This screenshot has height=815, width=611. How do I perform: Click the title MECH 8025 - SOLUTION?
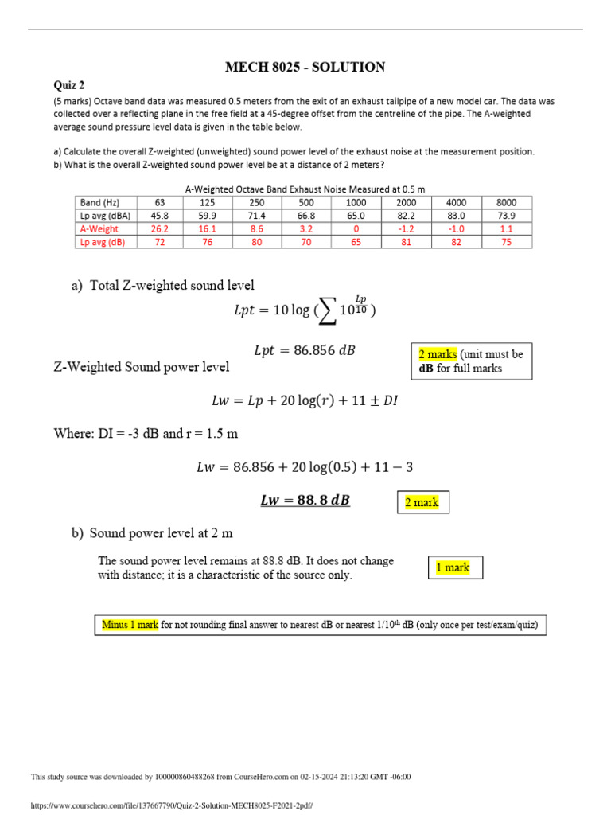(305, 68)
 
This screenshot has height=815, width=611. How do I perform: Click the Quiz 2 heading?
(68, 85)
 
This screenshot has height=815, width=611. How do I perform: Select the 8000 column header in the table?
(506, 202)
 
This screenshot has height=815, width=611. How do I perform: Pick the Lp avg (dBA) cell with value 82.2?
(406, 216)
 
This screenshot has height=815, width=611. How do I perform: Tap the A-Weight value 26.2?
(159, 228)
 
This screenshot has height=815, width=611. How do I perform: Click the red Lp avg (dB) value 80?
(256, 242)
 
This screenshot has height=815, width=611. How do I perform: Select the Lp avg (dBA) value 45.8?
(159, 216)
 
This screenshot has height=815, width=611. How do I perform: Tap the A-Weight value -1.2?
(406, 228)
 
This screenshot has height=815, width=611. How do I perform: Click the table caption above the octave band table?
(305, 189)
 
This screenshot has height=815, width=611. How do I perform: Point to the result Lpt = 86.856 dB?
(305, 350)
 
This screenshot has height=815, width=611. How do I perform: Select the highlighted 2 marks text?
(438, 354)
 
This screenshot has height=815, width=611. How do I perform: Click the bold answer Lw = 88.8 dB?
(305, 501)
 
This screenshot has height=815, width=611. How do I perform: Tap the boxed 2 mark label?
(422, 503)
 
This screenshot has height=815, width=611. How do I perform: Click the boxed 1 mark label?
(453, 567)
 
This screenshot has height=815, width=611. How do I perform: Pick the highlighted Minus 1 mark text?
(131, 625)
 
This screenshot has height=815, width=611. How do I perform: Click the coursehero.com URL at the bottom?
(171, 806)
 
